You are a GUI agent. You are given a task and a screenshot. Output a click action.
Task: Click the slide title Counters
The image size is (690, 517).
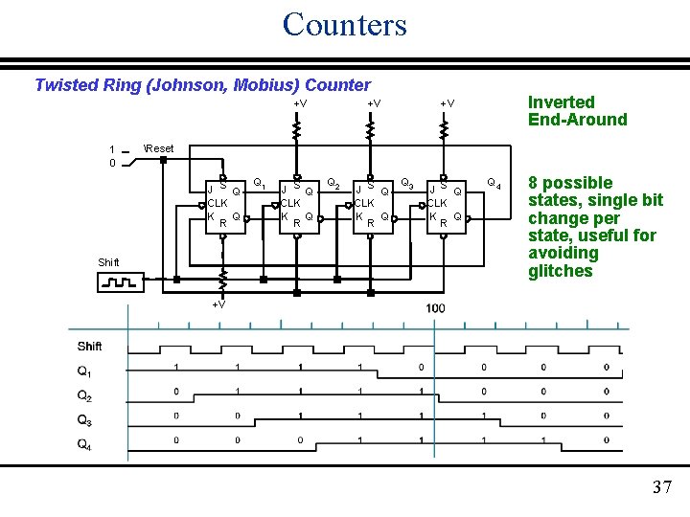click(344, 24)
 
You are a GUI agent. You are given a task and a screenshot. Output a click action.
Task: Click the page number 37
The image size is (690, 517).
click(661, 487)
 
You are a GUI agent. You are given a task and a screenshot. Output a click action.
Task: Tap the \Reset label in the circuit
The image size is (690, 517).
click(158, 148)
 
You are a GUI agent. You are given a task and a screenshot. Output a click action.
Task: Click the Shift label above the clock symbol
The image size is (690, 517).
click(108, 262)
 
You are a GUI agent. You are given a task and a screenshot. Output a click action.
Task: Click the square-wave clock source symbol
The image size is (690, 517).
click(120, 282)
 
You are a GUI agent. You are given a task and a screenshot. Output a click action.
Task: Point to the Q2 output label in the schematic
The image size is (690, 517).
click(333, 182)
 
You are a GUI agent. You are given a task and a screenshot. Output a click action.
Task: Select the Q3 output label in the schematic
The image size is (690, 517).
click(406, 182)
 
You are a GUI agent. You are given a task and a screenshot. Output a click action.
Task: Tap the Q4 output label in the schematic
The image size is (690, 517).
click(493, 182)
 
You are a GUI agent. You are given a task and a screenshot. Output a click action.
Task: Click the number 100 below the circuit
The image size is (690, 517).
click(435, 307)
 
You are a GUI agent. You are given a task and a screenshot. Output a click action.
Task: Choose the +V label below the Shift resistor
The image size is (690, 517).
click(218, 304)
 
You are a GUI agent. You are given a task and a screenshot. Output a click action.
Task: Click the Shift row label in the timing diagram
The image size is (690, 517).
click(89, 346)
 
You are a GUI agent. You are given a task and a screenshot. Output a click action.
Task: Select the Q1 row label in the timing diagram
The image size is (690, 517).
click(84, 371)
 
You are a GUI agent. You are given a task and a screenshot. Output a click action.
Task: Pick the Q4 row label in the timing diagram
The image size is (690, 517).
click(84, 442)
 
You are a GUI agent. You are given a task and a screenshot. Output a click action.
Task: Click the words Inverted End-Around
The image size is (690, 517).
click(577, 111)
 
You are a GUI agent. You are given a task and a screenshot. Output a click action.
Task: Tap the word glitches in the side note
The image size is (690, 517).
click(561, 271)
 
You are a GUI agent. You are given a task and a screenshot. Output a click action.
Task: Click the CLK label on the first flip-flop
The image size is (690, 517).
click(218, 203)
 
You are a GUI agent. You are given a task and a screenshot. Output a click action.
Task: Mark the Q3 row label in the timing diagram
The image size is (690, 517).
click(84, 418)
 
